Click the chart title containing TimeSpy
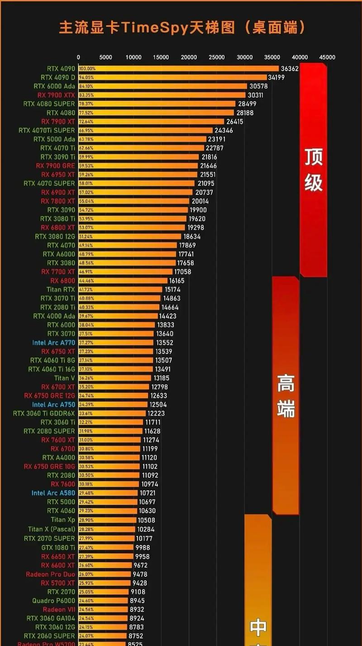point(181,28)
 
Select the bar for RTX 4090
point(179,68)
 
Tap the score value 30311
point(255,95)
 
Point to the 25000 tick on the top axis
point(216,58)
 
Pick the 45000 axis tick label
point(327,58)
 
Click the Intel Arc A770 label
point(54,342)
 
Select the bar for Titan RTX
point(120,289)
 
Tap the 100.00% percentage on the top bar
point(87,69)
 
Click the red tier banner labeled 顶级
point(313,170)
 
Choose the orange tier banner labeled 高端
point(286,395)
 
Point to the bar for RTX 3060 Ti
point(111,422)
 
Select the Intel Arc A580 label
point(53,493)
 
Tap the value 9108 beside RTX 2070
point(138,592)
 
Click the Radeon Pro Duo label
point(51,574)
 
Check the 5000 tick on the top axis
point(105,58)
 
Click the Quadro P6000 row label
point(54,601)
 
